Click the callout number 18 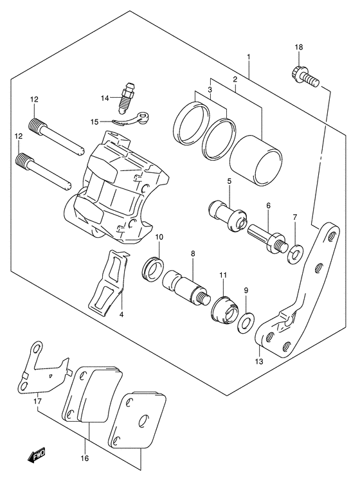[x=298, y=48]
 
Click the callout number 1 [x=248, y=57]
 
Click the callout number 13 [x=260, y=361]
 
